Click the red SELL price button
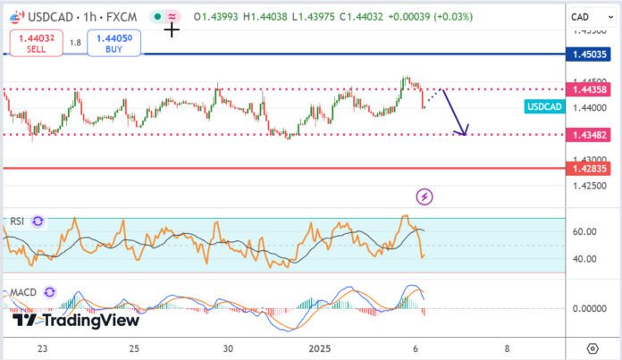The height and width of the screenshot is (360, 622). pyautogui.click(x=36, y=42)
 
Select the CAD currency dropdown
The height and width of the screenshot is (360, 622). pyautogui.click(x=591, y=16)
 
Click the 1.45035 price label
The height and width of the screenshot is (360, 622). pyautogui.click(x=592, y=54)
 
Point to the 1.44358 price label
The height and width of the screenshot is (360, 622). pyautogui.click(x=592, y=89)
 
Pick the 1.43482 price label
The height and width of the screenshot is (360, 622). pyautogui.click(x=592, y=135)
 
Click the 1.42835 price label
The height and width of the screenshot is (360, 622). pyautogui.click(x=592, y=168)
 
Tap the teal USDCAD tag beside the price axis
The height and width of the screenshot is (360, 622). pyautogui.click(x=544, y=107)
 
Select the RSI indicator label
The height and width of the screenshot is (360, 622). pyautogui.click(x=17, y=221)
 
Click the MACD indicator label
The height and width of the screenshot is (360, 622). pyautogui.click(x=22, y=292)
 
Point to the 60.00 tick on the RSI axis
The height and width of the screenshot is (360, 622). pyautogui.click(x=584, y=231)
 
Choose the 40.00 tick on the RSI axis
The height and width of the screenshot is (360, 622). pyautogui.click(x=584, y=259)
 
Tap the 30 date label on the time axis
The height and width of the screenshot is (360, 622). pyautogui.click(x=228, y=347)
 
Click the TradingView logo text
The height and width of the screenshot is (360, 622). pyautogui.click(x=79, y=320)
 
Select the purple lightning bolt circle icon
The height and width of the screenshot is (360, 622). pyautogui.click(x=424, y=196)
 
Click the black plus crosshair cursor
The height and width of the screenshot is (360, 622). pyautogui.click(x=172, y=29)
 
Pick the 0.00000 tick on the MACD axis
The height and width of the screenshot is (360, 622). pyautogui.click(x=588, y=308)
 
